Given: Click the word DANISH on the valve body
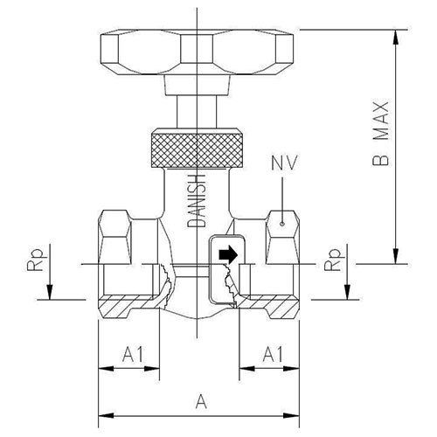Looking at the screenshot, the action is [196, 201].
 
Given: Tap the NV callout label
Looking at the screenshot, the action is [284, 163].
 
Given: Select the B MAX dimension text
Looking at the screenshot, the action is [381, 134].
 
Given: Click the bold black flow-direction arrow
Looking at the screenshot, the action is [229, 254].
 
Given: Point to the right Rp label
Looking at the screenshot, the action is [332, 260].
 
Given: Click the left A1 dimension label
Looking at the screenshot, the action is [133, 354].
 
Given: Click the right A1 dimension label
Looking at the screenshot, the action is [273, 354].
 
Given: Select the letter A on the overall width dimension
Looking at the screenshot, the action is [201, 401].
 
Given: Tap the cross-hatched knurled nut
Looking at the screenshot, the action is [197, 150].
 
